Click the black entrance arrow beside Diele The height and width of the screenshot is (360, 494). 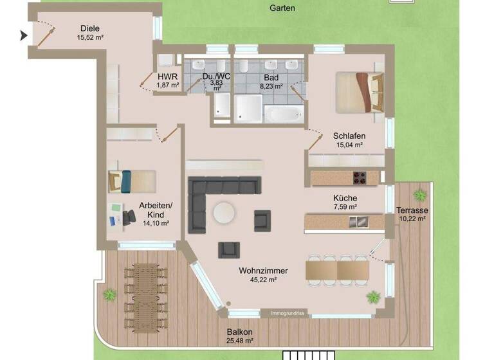pyautogui.click(x=24, y=35)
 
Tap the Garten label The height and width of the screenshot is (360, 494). pyautogui.click(x=282, y=8)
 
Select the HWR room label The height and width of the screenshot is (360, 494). pyautogui.click(x=168, y=76)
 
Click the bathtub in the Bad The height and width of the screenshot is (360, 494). pyautogui.click(x=282, y=114)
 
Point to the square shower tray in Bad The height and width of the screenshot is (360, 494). pyautogui.click(x=248, y=107)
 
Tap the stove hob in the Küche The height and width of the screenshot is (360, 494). pyautogui.click(x=358, y=177)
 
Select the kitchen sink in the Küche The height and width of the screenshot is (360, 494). pyautogui.click(x=357, y=222)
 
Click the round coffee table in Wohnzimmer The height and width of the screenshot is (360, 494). pyautogui.click(x=224, y=213)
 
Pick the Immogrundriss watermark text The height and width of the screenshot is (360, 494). pyautogui.click(x=288, y=313)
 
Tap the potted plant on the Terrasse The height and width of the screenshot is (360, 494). pyautogui.click(x=420, y=194)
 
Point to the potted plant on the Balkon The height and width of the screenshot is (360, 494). pyautogui.click(x=109, y=295)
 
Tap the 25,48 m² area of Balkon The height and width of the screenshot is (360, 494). pyautogui.click(x=239, y=341)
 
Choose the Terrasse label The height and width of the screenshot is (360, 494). pyautogui.click(x=412, y=210)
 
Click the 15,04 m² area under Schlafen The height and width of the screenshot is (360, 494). pyautogui.click(x=349, y=145)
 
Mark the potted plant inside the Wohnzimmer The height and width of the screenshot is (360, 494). pyautogui.click(x=373, y=297)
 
